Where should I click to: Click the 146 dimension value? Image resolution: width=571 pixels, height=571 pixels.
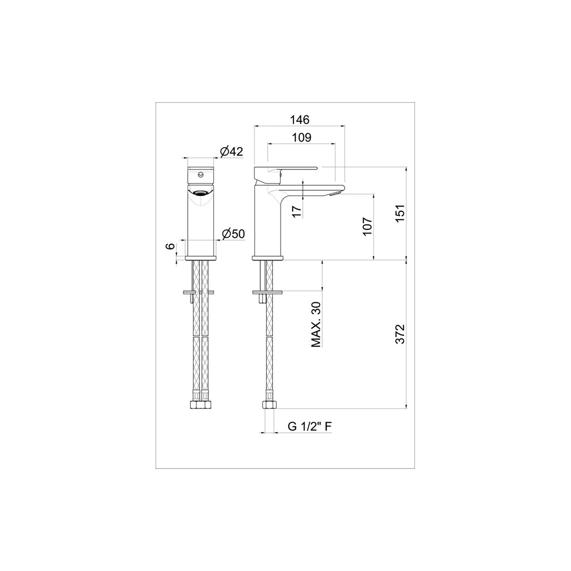[300, 120]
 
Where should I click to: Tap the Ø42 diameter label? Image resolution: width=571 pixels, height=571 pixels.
[232, 152]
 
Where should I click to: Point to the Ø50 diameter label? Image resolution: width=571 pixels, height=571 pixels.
[234, 234]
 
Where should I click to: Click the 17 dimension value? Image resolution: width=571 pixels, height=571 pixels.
[297, 212]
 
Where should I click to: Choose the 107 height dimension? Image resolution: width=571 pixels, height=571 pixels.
[367, 227]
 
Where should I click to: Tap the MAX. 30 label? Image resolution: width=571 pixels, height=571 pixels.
[316, 325]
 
